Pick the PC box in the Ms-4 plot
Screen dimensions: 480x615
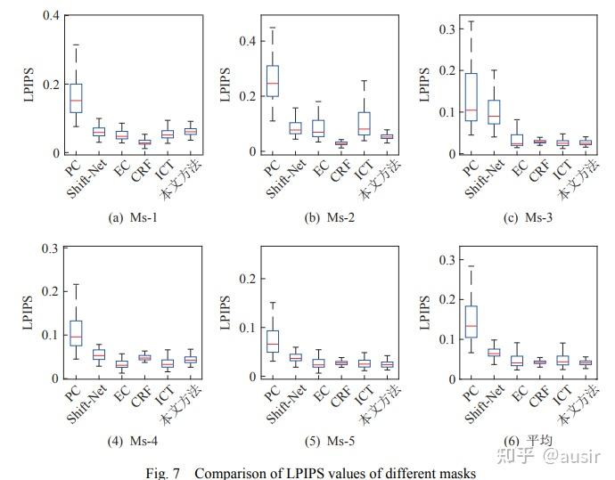tap(76, 332)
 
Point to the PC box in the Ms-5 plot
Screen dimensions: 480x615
tap(272, 340)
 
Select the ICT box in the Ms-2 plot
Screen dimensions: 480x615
tap(364, 124)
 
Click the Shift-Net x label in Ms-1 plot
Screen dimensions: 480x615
tap(86, 181)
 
